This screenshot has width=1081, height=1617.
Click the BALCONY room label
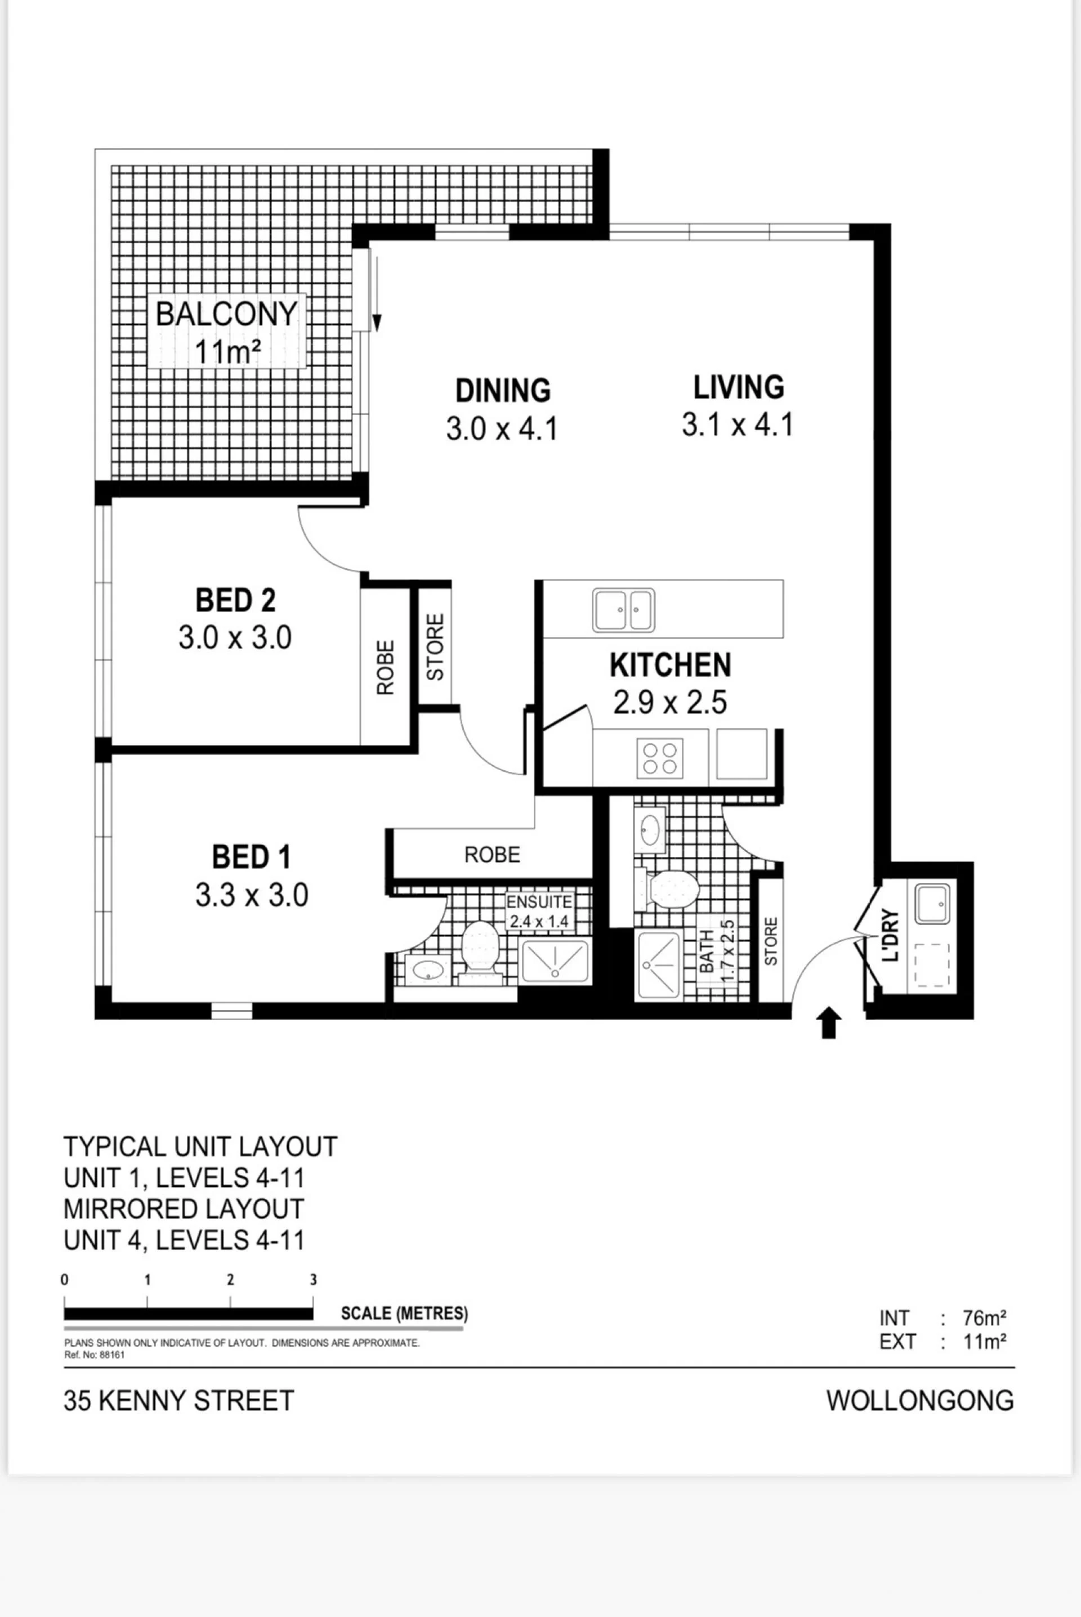tap(226, 314)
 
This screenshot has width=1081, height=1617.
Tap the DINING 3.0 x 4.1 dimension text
tap(502, 428)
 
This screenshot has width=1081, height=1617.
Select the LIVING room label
tap(738, 387)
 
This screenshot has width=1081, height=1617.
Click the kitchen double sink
tap(623, 610)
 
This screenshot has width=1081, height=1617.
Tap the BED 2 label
tap(235, 600)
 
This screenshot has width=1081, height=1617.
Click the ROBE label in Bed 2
tap(385, 667)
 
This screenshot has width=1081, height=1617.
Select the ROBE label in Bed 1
tap(492, 855)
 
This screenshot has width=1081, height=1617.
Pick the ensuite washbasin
tap(427, 970)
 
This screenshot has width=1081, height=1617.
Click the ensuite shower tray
tap(555, 961)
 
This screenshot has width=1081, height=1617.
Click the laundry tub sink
tap(932, 904)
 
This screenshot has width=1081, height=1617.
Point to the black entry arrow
tap(829, 1022)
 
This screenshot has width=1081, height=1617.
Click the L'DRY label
tap(891, 935)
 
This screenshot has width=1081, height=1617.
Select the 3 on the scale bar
tap(313, 1280)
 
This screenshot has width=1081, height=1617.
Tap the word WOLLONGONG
tap(919, 1401)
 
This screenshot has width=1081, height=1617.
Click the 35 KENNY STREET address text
tap(178, 1401)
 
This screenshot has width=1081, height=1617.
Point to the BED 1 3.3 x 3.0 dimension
tap(251, 895)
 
